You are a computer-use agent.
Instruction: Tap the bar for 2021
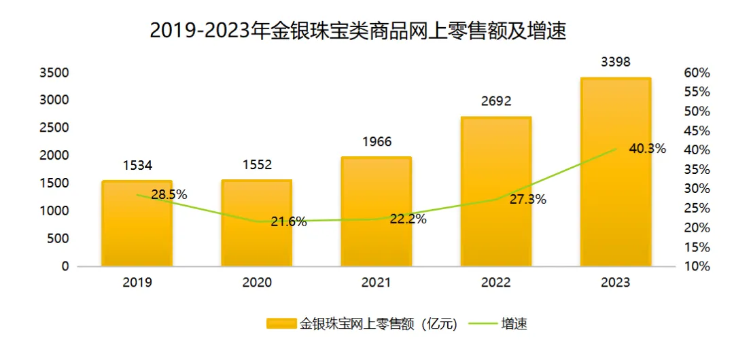pos(377,211)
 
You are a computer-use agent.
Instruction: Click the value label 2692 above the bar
pos(496,102)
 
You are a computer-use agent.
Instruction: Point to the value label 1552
pos(257,165)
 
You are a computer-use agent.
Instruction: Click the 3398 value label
pos(616,62)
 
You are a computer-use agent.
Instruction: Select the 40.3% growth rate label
pos(646,149)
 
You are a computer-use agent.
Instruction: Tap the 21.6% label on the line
pos(289,221)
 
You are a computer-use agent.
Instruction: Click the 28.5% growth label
pos(169,195)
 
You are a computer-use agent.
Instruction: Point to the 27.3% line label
pos(528,200)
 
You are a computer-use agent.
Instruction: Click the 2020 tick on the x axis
pos(257,283)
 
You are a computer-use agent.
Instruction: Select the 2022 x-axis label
pos(496,283)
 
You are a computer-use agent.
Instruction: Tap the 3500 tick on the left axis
pos(54,73)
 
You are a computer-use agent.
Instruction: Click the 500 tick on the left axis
pos(58,238)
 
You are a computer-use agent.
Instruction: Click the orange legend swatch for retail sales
pos(281,324)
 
